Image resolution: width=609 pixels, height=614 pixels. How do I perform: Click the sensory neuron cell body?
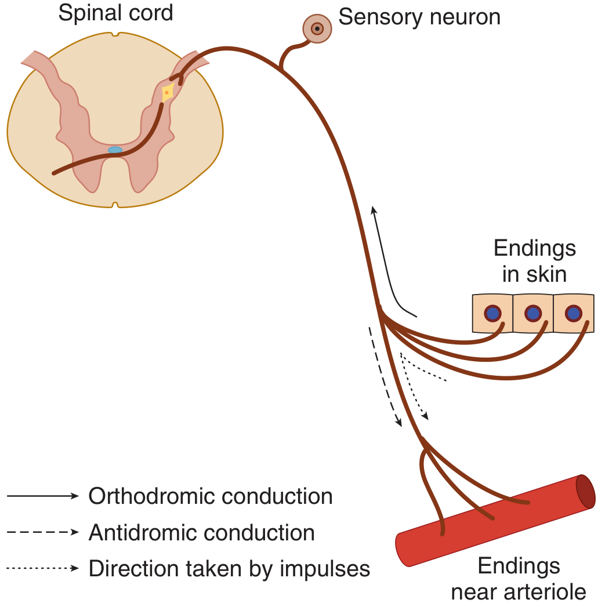317,28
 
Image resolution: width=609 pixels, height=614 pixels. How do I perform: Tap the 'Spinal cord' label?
115,13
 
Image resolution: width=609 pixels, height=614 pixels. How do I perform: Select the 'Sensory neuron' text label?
419,17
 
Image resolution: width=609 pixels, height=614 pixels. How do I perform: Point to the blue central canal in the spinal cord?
115,150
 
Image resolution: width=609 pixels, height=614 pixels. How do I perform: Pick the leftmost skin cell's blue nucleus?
492,313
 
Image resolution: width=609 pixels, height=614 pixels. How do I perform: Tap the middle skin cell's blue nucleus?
533,313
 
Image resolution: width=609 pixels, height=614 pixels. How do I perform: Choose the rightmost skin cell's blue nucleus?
574,313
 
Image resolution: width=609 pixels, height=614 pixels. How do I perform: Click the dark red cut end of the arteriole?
585,492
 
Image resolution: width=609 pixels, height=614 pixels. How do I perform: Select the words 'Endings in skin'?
535,261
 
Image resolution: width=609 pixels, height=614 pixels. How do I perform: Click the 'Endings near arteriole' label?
519,579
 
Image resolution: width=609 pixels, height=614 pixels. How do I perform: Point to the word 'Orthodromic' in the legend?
151,496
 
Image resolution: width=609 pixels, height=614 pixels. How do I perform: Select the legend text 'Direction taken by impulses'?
229,569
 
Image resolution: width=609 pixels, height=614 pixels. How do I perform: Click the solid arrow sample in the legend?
43,496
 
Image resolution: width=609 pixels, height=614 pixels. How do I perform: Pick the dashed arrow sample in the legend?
43,532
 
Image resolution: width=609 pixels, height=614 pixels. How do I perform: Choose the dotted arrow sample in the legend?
43,568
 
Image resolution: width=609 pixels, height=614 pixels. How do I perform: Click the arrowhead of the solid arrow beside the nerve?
374,210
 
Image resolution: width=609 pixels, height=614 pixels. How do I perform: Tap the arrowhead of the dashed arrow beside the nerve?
398,422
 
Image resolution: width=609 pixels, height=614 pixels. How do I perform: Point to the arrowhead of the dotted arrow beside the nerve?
425,416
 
